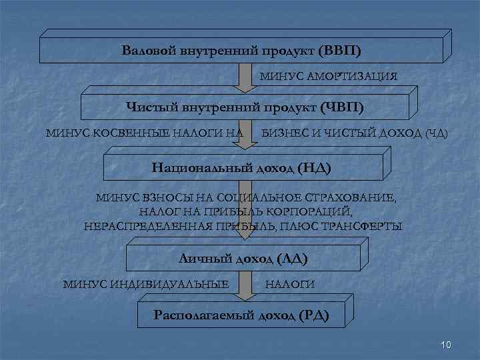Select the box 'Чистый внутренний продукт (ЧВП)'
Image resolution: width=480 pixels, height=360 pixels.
[245, 107]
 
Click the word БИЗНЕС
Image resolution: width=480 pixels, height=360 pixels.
[283, 134]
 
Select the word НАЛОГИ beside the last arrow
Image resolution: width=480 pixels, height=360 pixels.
[290, 285]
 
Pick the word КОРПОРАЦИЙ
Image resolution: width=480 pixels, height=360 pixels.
[308, 212]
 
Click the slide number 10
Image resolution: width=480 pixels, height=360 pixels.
[447, 345]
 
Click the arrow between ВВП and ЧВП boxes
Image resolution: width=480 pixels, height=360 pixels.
[246, 79]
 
